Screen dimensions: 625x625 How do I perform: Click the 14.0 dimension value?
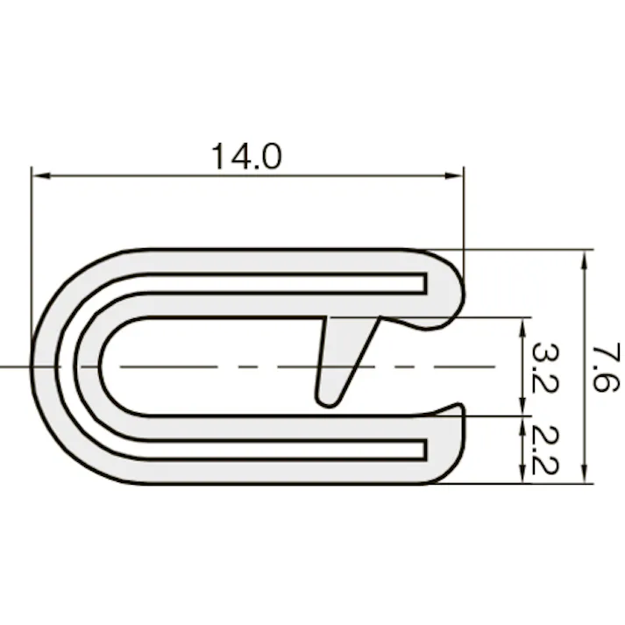(x=245, y=157)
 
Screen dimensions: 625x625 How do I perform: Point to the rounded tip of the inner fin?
(x=327, y=399)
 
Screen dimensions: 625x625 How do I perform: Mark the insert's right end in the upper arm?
(x=424, y=283)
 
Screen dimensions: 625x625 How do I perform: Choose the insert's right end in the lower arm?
(x=424, y=450)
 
